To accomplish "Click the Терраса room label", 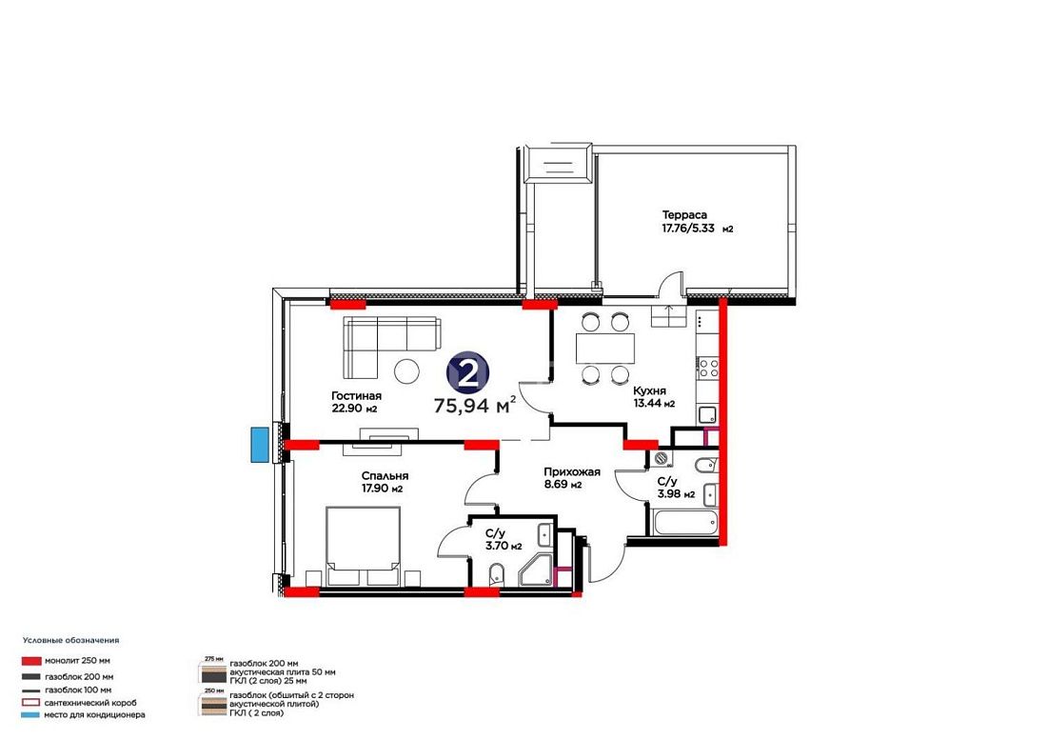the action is (x=684, y=215).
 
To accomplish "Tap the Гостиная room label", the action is (x=356, y=396).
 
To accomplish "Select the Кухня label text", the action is (x=649, y=390).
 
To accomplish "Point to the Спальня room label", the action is (x=385, y=476).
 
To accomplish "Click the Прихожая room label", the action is (x=572, y=471).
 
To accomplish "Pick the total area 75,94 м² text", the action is (x=475, y=405).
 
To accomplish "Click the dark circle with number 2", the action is (x=467, y=373).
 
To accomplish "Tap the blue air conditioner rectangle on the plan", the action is (x=258, y=444).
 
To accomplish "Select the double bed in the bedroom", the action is (x=364, y=546).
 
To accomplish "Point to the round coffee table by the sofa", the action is (x=406, y=371).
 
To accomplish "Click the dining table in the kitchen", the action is (x=605, y=348).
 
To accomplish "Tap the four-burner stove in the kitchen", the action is (x=708, y=368).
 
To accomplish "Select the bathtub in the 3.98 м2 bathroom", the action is (x=685, y=522).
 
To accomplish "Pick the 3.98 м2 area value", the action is (x=676, y=494).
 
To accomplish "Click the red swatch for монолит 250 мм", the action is (x=31, y=661).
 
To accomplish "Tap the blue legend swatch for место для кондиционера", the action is (x=31, y=715).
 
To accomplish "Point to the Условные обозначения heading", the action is (x=70, y=640).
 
